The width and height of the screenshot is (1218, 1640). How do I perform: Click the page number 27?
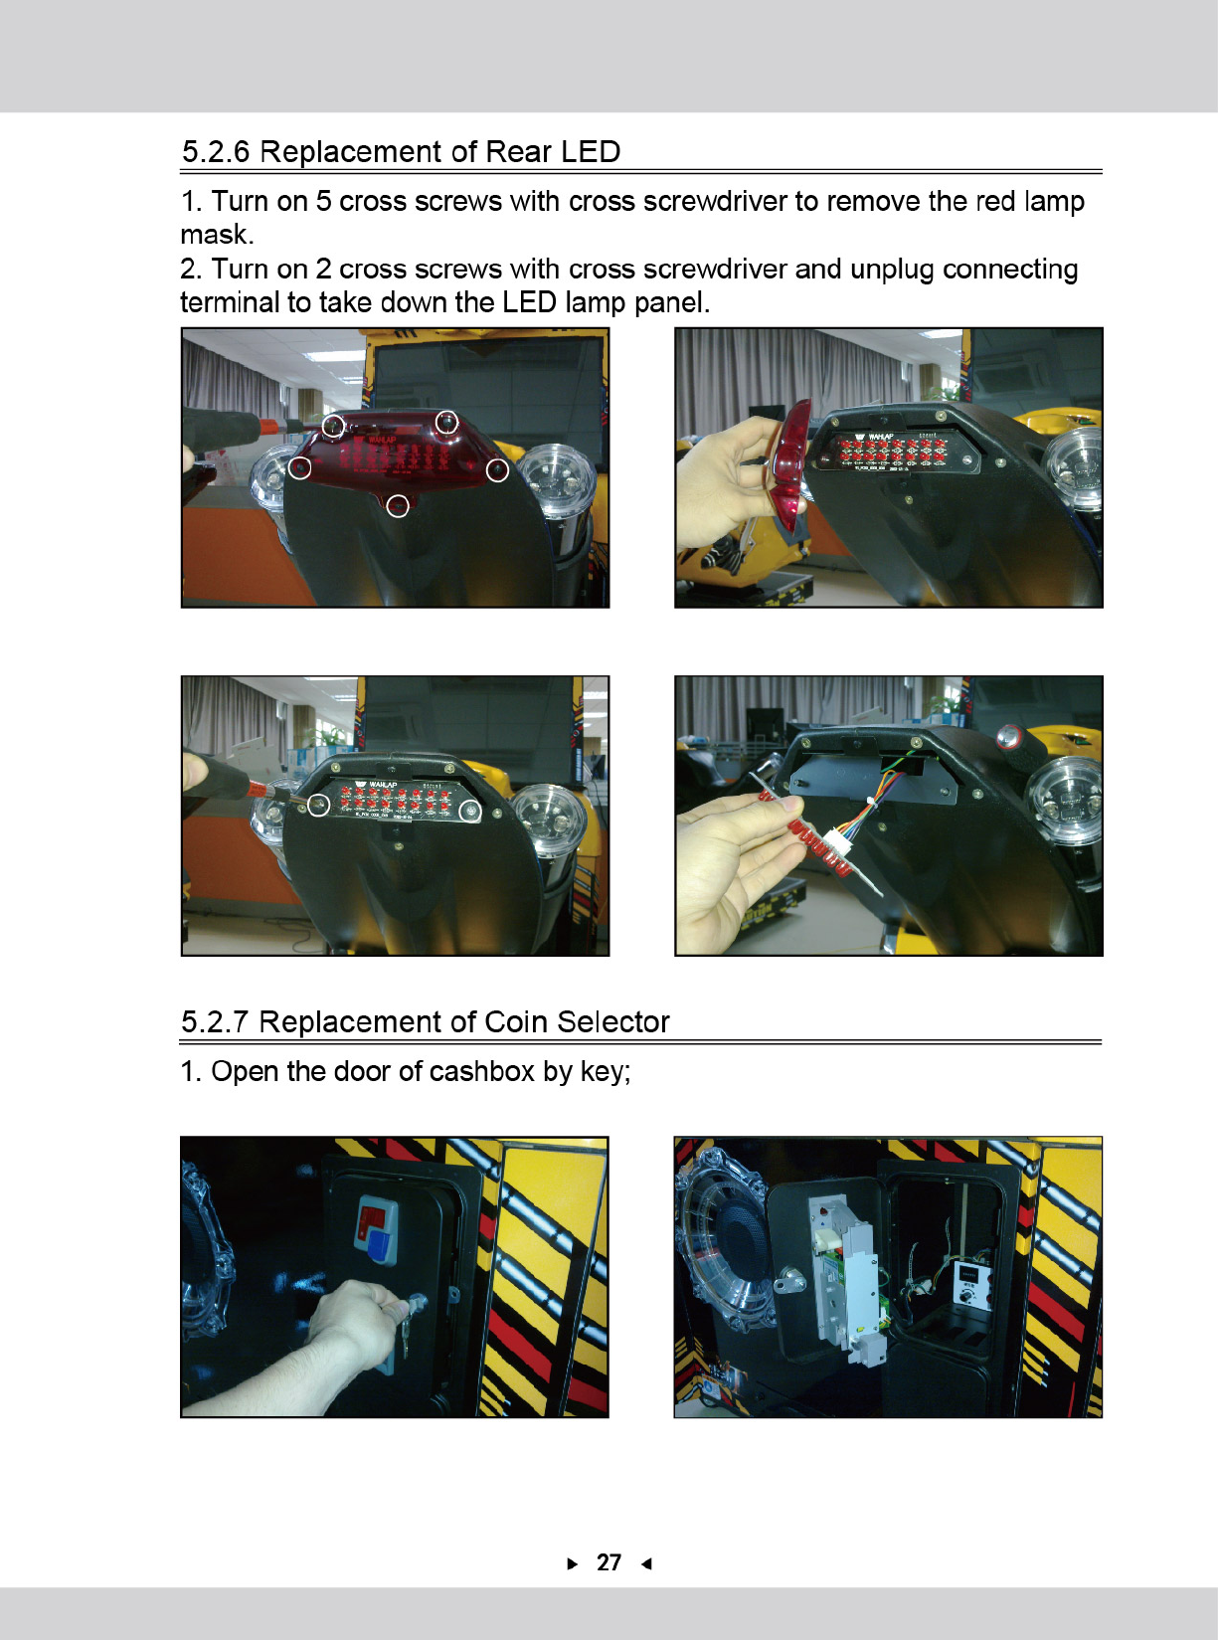[x=609, y=1562]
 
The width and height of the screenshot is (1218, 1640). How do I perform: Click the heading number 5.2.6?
[x=216, y=151]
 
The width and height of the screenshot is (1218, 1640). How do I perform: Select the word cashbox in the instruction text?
[x=480, y=1071]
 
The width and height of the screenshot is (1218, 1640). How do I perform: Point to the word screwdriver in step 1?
[x=715, y=201]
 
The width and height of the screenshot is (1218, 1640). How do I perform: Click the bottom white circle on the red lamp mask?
[x=398, y=506]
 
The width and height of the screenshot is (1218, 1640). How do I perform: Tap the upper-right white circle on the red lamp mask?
[x=445, y=423]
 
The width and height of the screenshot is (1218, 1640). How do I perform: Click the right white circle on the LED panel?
[x=469, y=812]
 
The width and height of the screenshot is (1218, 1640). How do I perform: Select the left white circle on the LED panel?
[x=319, y=806]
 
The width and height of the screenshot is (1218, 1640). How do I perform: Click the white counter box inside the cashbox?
[x=971, y=1286]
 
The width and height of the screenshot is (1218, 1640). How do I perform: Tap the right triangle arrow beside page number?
[x=572, y=1563]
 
